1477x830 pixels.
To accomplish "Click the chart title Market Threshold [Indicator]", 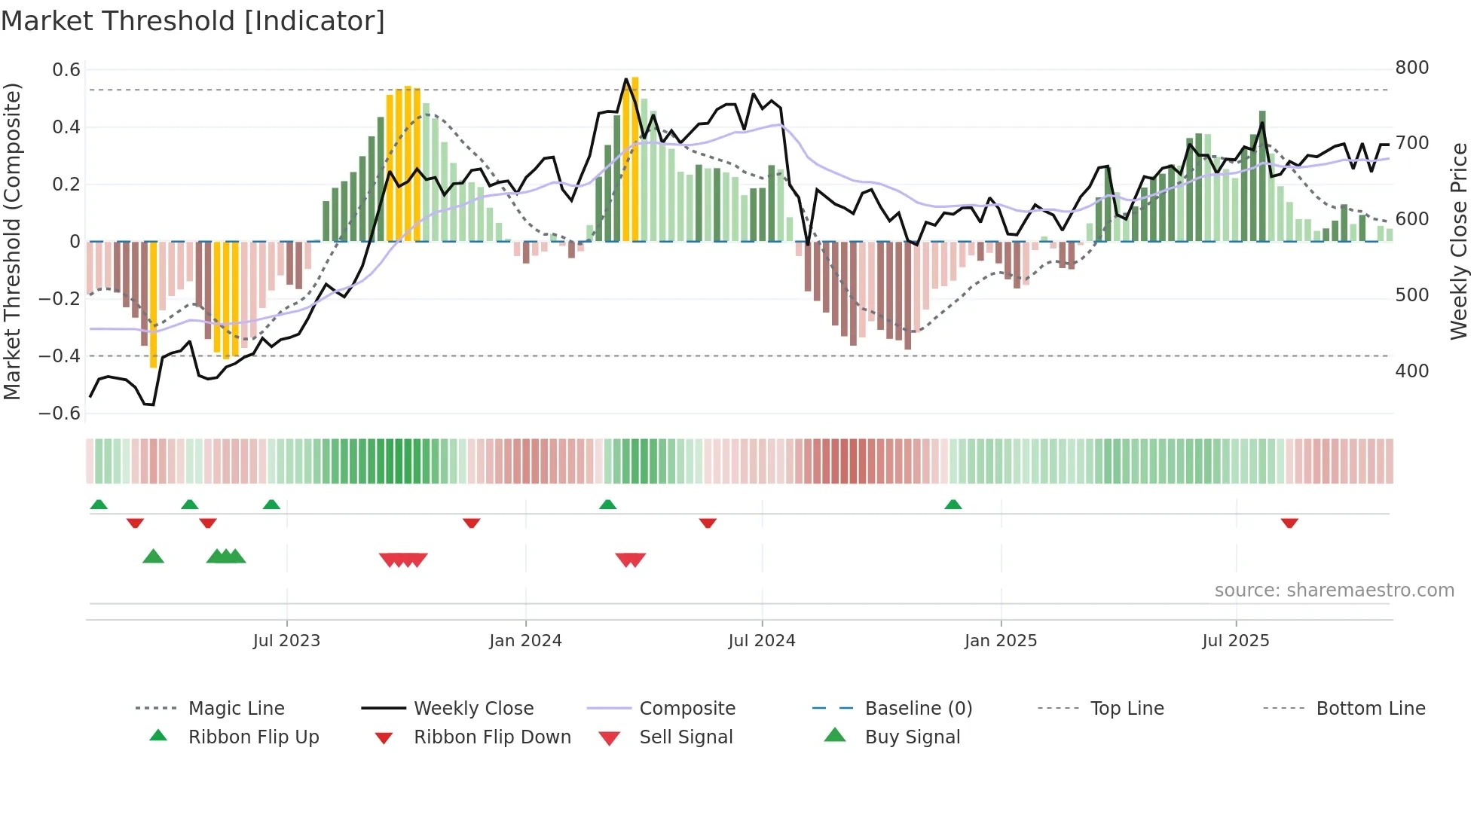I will click(193, 21).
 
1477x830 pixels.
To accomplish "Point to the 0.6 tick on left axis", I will click(66, 70).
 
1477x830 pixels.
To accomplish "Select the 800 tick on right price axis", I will click(1411, 68).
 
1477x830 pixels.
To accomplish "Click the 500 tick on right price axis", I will click(1411, 295).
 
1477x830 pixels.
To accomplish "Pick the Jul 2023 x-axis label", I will click(286, 641).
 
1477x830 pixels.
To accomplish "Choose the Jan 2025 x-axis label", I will click(1000, 641).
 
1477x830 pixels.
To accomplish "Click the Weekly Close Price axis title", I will click(1459, 241).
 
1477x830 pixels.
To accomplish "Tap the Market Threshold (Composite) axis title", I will click(12, 241).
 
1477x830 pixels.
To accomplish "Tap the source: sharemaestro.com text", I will click(1334, 590).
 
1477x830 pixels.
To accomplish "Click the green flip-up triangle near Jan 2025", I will click(953, 505).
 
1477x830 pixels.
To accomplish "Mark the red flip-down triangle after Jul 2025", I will click(1289, 523).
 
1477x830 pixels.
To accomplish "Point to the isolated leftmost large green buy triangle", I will click(153, 557).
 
